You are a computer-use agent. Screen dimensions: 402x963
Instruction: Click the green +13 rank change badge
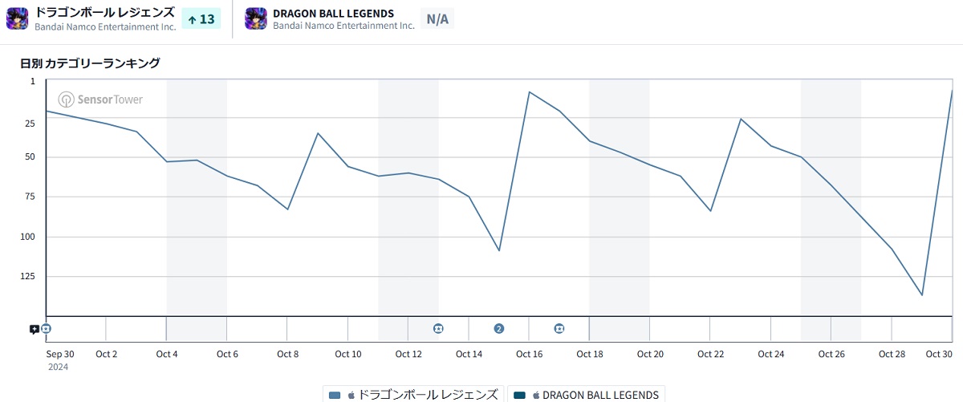[x=201, y=18]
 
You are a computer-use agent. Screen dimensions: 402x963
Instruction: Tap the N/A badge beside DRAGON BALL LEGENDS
[x=437, y=18]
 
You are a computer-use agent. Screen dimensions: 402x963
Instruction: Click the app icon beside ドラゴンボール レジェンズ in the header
[x=18, y=18]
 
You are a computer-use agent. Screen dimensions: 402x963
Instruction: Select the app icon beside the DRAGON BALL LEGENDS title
[x=256, y=18]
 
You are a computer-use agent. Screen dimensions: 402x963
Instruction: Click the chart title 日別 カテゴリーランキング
[x=91, y=63]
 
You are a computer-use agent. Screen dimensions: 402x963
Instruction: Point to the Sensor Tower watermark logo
[x=100, y=99]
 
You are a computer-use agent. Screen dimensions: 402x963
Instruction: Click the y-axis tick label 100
[x=29, y=237]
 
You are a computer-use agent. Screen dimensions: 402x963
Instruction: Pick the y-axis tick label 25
[x=30, y=123]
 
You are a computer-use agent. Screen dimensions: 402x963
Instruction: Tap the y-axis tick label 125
[x=29, y=276]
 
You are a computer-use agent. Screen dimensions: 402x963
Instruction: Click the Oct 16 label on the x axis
[x=529, y=354]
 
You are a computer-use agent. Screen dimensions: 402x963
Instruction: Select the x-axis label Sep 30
[x=60, y=354]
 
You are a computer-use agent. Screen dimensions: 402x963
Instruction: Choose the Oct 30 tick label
[x=939, y=354]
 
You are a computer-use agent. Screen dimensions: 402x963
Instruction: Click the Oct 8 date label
[x=287, y=354]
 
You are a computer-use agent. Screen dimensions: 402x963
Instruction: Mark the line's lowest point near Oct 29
[x=922, y=295]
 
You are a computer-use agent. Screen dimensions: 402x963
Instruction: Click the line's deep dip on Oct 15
[x=499, y=250]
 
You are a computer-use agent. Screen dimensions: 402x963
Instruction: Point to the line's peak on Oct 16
[x=529, y=91]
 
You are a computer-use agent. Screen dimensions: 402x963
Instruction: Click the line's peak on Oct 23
[x=741, y=119]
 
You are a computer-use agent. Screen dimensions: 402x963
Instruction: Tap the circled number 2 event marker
[x=499, y=328]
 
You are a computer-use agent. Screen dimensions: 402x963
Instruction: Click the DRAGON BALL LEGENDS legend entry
[x=587, y=395]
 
